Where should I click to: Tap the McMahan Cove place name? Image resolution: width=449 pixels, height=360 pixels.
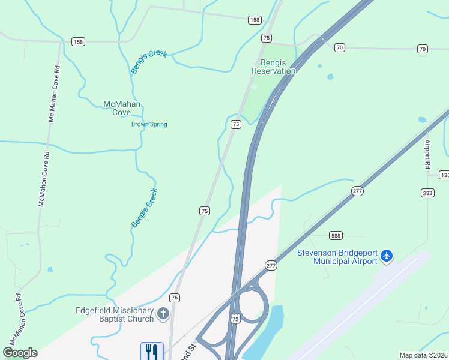point(122,108)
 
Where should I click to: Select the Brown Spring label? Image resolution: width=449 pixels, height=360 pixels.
point(149,125)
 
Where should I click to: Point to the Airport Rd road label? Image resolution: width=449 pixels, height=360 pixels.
point(428,155)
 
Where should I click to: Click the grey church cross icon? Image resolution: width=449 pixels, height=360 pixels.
point(163,314)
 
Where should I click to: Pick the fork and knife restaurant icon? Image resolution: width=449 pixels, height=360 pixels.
point(152,351)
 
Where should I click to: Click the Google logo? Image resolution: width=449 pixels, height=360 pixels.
point(20,353)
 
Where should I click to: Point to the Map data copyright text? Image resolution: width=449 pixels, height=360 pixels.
point(423,355)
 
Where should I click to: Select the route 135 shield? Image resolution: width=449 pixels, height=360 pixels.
point(444,175)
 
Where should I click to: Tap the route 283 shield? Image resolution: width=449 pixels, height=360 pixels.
point(427,193)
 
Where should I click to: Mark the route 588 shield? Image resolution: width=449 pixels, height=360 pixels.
point(335,236)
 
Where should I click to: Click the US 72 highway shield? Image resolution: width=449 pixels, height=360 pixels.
point(235,318)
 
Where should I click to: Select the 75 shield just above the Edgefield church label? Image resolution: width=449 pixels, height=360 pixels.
point(175,298)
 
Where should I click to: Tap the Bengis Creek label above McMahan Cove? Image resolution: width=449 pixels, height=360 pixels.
point(149,62)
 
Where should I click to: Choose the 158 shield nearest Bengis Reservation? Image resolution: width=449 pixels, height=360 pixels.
point(255,20)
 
